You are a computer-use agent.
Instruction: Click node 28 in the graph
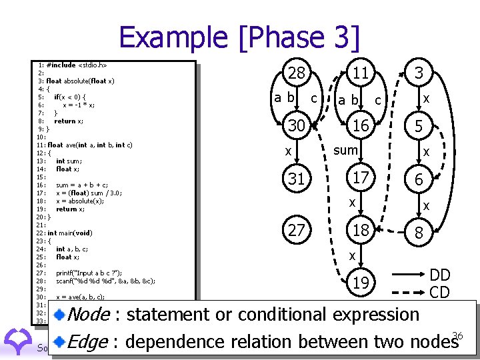click(296, 74)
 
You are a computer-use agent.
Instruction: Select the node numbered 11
click(361, 74)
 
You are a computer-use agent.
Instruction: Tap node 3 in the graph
click(418, 74)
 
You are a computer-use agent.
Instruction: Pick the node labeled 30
click(296, 126)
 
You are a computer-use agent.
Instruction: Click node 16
click(361, 126)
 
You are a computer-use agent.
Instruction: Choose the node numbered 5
click(418, 126)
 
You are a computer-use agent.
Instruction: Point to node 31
click(296, 179)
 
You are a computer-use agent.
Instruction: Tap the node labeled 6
click(418, 179)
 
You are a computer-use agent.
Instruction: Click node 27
click(296, 231)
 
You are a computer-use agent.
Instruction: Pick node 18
click(361, 231)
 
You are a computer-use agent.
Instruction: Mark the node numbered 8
click(418, 233)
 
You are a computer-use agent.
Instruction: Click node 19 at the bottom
click(361, 283)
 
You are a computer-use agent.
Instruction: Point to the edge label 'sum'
click(345, 151)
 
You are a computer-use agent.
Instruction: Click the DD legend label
click(439, 275)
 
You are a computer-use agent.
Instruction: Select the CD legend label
click(439, 292)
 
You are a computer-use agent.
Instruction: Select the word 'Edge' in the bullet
click(89, 341)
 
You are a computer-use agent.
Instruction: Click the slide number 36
click(457, 335)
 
